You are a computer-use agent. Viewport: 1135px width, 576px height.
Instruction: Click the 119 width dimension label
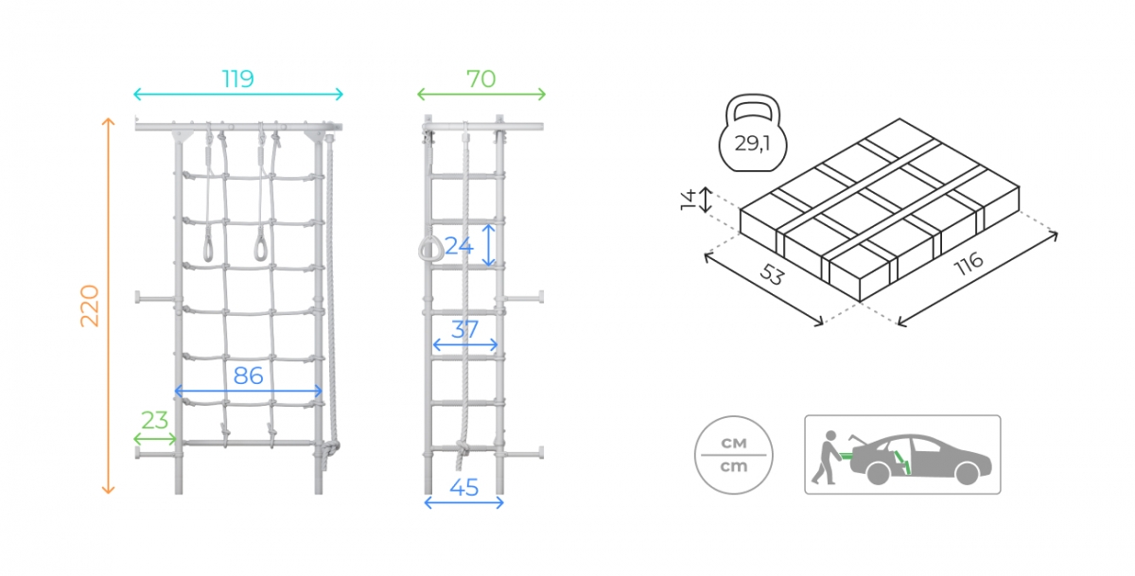pyautogui.click(x=237, y=79)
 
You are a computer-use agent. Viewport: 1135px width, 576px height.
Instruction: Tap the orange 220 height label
pyautogui.click(x=90, y=306)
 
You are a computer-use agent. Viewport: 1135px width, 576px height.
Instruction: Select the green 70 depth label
pyautogui.click(x=480, y=79)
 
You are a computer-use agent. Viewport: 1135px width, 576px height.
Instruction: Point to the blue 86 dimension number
pyautogui.click(x=248, y=375)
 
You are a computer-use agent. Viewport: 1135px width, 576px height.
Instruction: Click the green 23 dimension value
pyautogui.click(x=154, y=421)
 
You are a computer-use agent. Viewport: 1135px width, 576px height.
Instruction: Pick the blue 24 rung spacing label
pyautogui.click(x=459, y=246)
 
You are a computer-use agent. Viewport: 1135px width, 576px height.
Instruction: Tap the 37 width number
pyautogui.click(x=464, y=330)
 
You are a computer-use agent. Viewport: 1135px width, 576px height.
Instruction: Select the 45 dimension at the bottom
pyautogui.click(x=464, y=488)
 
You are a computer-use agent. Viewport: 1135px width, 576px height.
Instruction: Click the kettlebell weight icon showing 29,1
pyautogui.click(x=753, y=132)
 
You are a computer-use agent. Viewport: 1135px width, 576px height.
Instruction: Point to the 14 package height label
pyautogui.click(x=689, y=200)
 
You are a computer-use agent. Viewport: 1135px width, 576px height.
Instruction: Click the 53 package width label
pyautogui.click(x=772, y=275)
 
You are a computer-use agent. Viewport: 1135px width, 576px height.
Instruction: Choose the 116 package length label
pyautogui.click(x=969, y=264)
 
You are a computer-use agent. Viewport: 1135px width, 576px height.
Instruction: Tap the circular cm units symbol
pyautogui.click(x=734, y=455)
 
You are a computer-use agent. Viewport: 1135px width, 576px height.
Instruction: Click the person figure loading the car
pyautogui.click(x=826, y=458)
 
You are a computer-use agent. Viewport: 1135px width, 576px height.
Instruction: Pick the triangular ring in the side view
pyautogui.click(x=430, y=250)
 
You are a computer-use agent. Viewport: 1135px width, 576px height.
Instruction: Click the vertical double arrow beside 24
pyautogui.click(x=488, y=245)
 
